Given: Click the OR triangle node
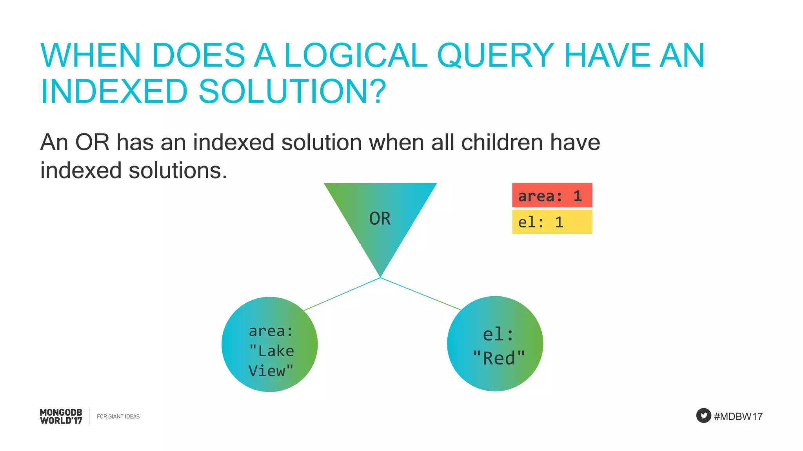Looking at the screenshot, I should [380, 219].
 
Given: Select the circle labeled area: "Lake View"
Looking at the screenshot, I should [270, 345].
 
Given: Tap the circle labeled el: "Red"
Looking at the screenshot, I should [495, 344].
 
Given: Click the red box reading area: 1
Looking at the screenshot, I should [552, 195].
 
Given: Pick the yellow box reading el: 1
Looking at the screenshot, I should [552, 222].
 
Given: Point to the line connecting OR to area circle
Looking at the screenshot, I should [342, 294].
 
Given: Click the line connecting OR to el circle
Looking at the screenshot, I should [420, 294].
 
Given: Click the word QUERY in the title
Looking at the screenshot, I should [495, 56].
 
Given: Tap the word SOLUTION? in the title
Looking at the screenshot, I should [292, 92].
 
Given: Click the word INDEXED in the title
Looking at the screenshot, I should [114, 92].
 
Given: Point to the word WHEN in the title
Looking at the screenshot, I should [91, 56].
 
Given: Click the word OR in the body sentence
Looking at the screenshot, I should [92, 142].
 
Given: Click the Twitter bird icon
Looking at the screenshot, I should [703, 416].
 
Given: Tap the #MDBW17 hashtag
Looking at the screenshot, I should [738, 417].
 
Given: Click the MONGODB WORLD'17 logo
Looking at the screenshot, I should [61, 417].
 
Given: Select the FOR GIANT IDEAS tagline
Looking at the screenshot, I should [118, 417].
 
